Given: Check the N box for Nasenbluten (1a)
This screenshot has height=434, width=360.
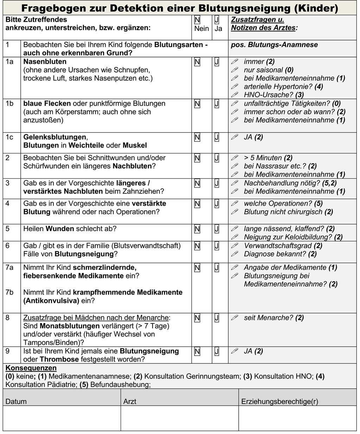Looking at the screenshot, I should pyautogui.click(x=197, y=62).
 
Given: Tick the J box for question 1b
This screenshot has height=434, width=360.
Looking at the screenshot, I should pyautogui.click(x=217, y=104).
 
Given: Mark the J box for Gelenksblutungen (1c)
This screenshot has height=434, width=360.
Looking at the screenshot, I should pyautogui.click(x=217, y=138).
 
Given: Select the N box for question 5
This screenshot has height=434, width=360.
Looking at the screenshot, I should pyautogui.click(x=197, y=229).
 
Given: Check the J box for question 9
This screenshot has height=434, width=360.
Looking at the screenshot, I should pyautogui.click(x=217, y=351).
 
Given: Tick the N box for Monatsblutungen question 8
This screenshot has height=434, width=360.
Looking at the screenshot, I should pyautogui.click(x=197, y=318).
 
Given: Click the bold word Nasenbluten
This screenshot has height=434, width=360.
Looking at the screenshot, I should pyautogui.click(x=45, y=62).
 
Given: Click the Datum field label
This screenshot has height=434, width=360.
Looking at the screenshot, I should pyautogui.click(x=16, y=401).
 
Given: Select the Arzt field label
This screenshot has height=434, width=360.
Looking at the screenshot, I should pyautogui.click(x=130, y=401).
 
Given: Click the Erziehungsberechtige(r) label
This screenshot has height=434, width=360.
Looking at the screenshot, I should pyautogui.click(x=279, y=401).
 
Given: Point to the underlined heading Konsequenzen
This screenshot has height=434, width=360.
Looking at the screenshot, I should pyautogui.click(x=31, y=368).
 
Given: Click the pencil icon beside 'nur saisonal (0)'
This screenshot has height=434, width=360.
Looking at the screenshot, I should pyautogui.click(x=234, y=70).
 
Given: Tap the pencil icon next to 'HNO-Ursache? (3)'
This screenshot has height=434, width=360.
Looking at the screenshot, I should pyautogui.click(x=234, y=95).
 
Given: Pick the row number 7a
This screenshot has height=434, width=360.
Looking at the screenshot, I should pyautogui.click(x=9, y=268).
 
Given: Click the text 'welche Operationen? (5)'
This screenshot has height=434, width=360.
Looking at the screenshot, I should pyautogui.click(x=283, y=204).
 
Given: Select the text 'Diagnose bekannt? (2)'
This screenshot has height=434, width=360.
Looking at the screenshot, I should pyautogui.click(x=280, y=254).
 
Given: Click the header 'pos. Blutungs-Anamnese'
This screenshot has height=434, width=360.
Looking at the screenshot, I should pyautogui.click(x=274, y=45).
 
